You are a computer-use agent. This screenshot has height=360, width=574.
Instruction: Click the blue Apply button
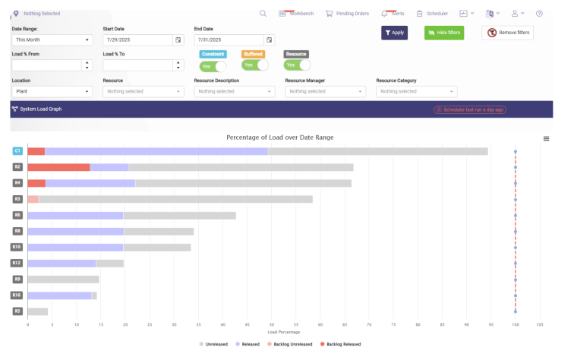coord(394,33)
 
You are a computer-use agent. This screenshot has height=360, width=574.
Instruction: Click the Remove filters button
coord(507,33)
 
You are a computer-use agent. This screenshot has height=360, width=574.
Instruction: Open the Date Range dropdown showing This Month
coord(52,39)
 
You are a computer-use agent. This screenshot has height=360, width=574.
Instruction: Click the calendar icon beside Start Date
coord(178,39)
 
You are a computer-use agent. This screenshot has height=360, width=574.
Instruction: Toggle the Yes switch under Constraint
coord(213,66)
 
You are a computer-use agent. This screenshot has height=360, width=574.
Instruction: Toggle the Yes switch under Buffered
coord(255,65)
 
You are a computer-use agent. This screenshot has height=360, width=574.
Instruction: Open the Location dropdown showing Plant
coord(52,91)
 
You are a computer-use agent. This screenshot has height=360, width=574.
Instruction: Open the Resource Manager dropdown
coord(325,91)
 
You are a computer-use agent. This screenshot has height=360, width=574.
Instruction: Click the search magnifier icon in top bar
coord(263,13)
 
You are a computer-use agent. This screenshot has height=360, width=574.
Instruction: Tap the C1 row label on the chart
coord(17,151)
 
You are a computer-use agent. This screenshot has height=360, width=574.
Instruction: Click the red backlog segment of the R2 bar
coord(58,167)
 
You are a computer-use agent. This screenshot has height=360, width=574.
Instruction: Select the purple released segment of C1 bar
coord(156,151)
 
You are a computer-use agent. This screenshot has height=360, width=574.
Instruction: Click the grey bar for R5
coord(37,311)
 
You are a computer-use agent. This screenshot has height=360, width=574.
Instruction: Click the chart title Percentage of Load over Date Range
coord(279,137)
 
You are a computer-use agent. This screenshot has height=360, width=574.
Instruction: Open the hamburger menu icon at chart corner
coord(546,138)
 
